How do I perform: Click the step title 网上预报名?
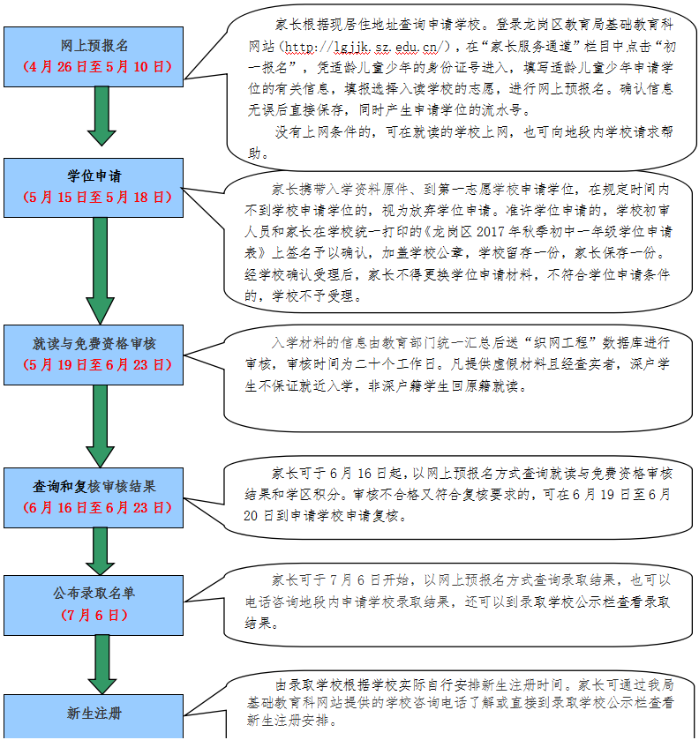[x=94, y=45]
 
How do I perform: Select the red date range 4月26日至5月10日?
[x=97, y=66]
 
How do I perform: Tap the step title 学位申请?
[x=94, y=176]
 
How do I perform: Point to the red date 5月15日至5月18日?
[x=97, y=198]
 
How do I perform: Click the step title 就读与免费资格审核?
[x=94, y=344]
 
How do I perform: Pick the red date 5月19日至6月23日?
[x=97, y=365]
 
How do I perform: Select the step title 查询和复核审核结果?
[x=94, y=486]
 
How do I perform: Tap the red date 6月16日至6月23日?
[x=97, y=508]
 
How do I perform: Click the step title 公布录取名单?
[x=94, y=594]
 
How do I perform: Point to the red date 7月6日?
[x=94, y=615]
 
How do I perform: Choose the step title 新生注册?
[x=94, y=714]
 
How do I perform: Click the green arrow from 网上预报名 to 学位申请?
[x=101, y=116]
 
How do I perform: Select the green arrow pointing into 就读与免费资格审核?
[x=100, y=271]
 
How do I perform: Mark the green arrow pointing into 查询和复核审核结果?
[x=100, y=426]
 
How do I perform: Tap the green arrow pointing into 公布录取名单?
[x=100, y=551]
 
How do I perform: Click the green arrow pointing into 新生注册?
[x=102, y=664]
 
